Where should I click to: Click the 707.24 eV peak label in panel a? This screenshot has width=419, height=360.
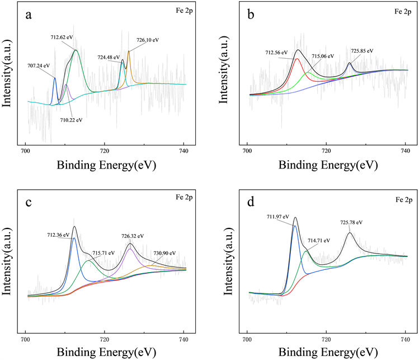(x=41, y=65)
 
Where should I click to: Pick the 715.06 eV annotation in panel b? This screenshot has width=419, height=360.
(x=322, y=57)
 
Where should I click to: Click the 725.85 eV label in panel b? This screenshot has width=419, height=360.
(x=361, y=51)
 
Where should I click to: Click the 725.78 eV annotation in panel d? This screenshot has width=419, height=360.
(x=351, y=222)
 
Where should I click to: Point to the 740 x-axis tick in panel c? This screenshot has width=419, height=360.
(x=183, y=339)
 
